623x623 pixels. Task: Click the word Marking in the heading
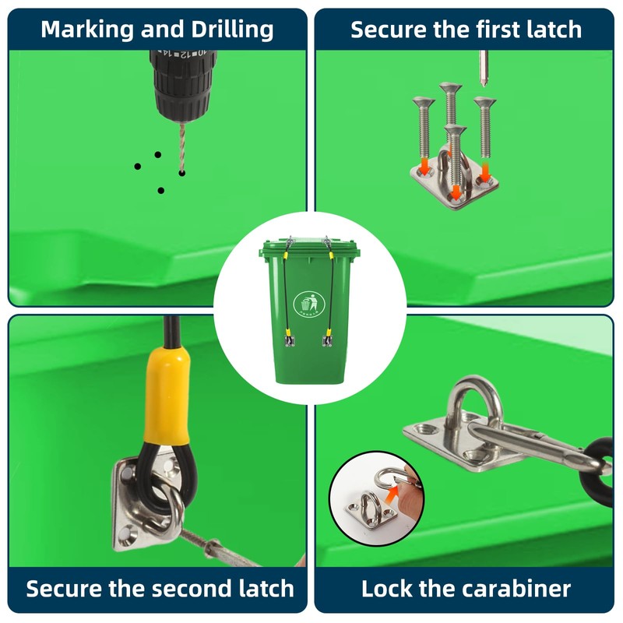(x=88, y=30)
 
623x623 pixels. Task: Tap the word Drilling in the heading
(x=233, y=30)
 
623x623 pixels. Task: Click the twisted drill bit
(x=182, y=148)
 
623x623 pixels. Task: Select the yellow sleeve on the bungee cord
(x=167, y=396)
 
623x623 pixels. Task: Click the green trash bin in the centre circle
(x=309, y=311)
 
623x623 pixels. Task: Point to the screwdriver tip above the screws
(x=483, y=69)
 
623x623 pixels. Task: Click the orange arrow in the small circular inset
(x=393, y=493)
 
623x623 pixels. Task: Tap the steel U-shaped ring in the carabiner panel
(x=476, y=401)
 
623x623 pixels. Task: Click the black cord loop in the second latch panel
(x=166, y=477)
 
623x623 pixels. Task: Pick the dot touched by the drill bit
(x=182, y=173)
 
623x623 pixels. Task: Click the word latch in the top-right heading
(x=554, y=30)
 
